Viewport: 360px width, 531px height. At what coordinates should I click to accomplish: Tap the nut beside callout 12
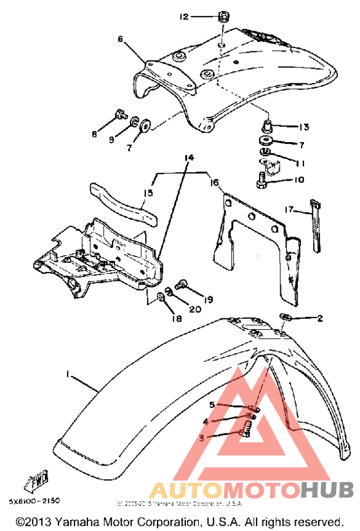[x=223, y=15]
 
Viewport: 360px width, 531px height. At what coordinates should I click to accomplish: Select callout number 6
[x=120, y=39]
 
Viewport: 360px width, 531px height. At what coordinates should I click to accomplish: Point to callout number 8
[x=94, y=134]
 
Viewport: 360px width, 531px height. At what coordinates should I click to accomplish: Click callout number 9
[x=111, y=139]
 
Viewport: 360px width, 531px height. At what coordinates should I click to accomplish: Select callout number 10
[x=299, y=180]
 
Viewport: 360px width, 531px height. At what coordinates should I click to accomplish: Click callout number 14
[x=188, y=157]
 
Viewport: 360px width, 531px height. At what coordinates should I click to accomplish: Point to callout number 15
[x=147, y=192]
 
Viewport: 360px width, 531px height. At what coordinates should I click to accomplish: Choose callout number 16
[x=213, y=183]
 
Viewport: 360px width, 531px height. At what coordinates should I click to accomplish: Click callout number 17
[x=290, y=209]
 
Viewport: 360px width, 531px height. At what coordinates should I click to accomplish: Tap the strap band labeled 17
[x=317, y=228]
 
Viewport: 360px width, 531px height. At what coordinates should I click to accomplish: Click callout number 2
[x=319, y=318]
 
